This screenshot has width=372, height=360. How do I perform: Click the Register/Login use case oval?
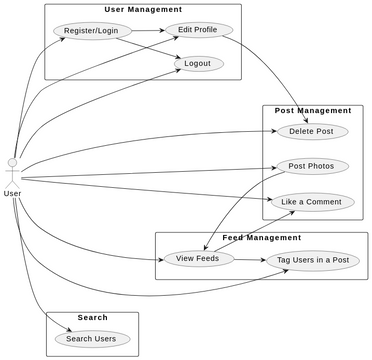pyautogui.click(x=90, y=31)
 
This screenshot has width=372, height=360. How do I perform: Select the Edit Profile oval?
pyautogui.click(x=198, y=30)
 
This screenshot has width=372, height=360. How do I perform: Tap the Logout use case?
pyautogui.click(x=198, y=63)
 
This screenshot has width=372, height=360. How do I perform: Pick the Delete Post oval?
pyautogui.click(x=311, y=131)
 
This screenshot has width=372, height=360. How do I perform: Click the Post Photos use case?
pyautogui.click(x=311, y=166)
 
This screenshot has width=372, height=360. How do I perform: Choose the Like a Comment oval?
pyautogui.click(x=311, y=202)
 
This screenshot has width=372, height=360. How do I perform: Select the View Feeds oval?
pyautogui.click(x=197, y=259)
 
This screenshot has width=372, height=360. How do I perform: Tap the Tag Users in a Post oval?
pyautogui.click(x=314, y=260)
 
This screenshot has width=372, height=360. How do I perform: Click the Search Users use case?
pyautogui.click(x=91, y=338)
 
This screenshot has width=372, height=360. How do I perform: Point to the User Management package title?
pyautogui.click(x=143, y=10)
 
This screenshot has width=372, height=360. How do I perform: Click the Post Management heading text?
pyautogui.click(x=313, y=110)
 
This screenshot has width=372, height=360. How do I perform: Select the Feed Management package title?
pyautogui.click(x=261, y=238)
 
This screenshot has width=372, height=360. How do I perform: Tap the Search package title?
pyautogui.click(x=92, y=318)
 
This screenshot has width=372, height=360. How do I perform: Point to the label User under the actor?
pyautogui.click(x=12, y=193)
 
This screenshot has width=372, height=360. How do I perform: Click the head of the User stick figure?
pyautogui.click(x=12, y=161)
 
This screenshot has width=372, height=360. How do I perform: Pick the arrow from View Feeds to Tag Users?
pyautogui.click(x=250, y=260)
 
